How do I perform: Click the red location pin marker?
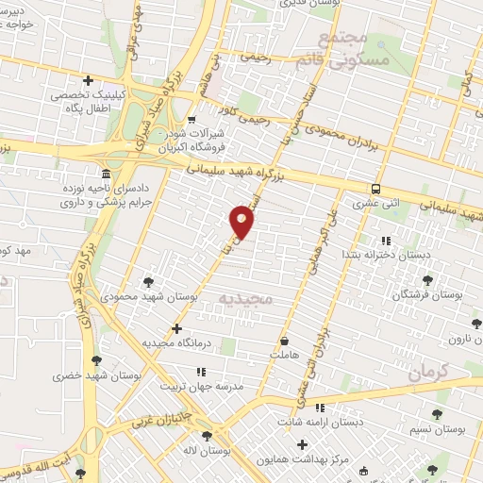[x=242, y=222]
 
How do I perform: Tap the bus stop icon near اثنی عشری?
[x=375, y=189]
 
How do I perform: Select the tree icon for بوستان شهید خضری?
[x=96, y=359]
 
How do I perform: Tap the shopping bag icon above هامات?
[x=284, y=341]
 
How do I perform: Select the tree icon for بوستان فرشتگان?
[x=428, y=280]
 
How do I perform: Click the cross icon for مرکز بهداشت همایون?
[x=302, y=444]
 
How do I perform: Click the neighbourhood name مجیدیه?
[x=245, y=299]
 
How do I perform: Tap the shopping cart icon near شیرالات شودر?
[x=192, y=120]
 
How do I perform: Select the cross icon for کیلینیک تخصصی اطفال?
[x=88, y=81]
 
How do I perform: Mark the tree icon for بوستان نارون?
[x=477, y=325]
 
